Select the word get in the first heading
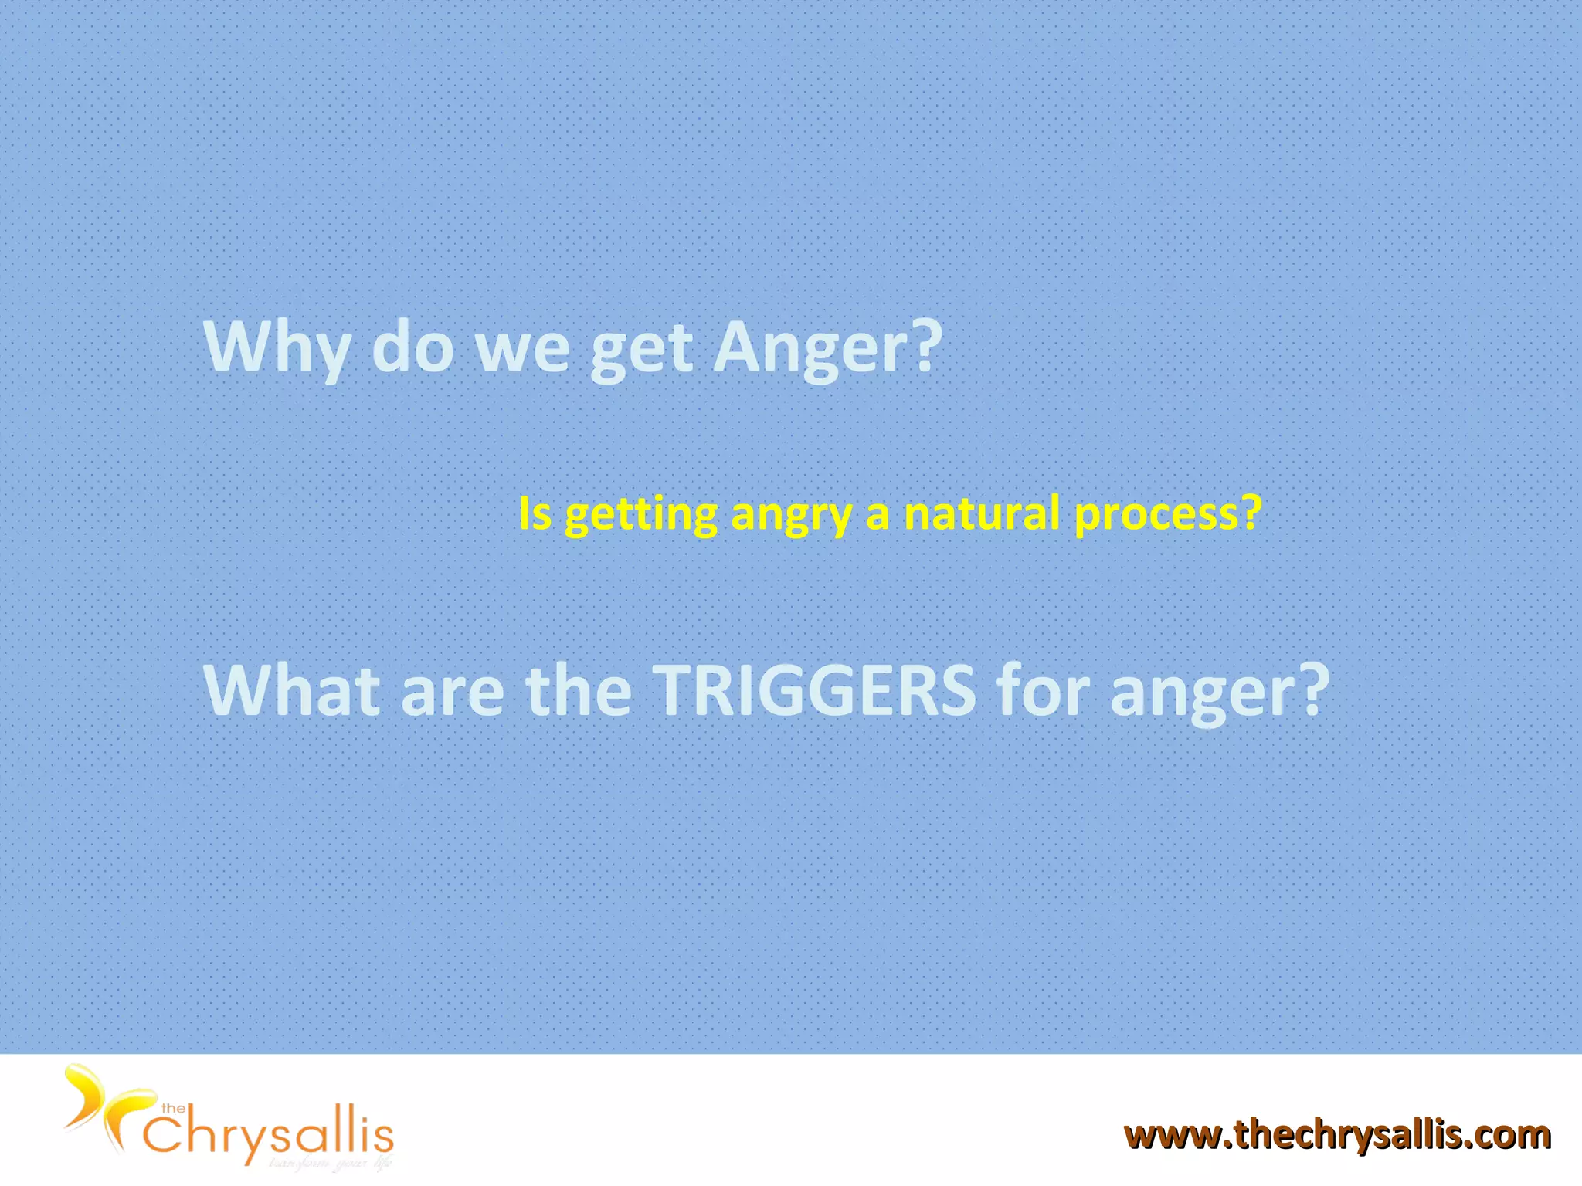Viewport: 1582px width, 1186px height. pyautogui.click(x=640, y=351)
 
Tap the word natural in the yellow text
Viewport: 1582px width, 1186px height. pyautogui.click(x=981, y=513)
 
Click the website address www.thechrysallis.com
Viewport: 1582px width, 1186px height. pyautogui.click(x=1337, y=1135)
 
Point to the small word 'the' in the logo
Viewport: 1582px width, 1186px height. pyautogui.click(x=173, y=1109)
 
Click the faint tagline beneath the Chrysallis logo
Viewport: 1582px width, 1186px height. pyautogui.click(x=331, y=1163)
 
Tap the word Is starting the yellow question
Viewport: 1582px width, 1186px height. pyautogui.click(x=535, y=513)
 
